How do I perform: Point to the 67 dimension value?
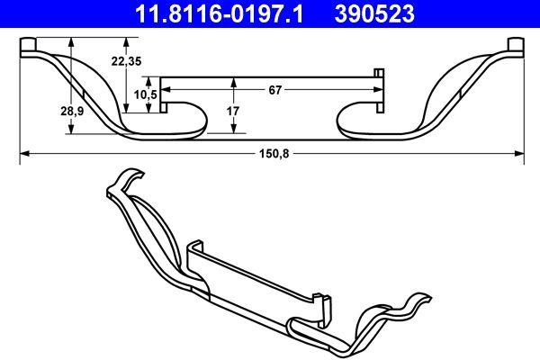click(x=275, y=89)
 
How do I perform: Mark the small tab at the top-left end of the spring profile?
click(x=27, y=45)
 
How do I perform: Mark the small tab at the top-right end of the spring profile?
click(x=516, y=45)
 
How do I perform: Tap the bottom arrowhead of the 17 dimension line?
click(x=234, y=130)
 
